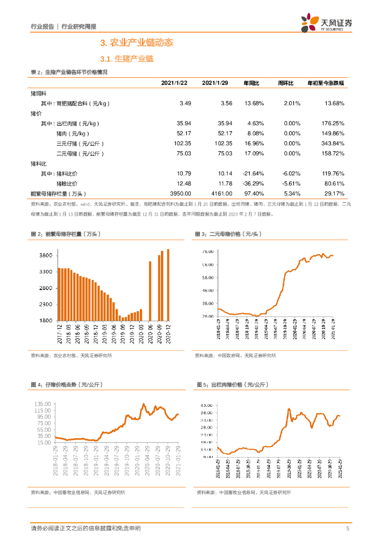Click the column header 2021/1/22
pos(174,83)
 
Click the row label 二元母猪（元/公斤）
pos(80,153)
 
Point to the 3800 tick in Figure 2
pos(45,256)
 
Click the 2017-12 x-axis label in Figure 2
pos(60,335)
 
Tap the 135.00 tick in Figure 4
pos(43,404)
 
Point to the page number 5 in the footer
pos(348,528)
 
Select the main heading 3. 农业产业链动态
pos(137,42)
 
